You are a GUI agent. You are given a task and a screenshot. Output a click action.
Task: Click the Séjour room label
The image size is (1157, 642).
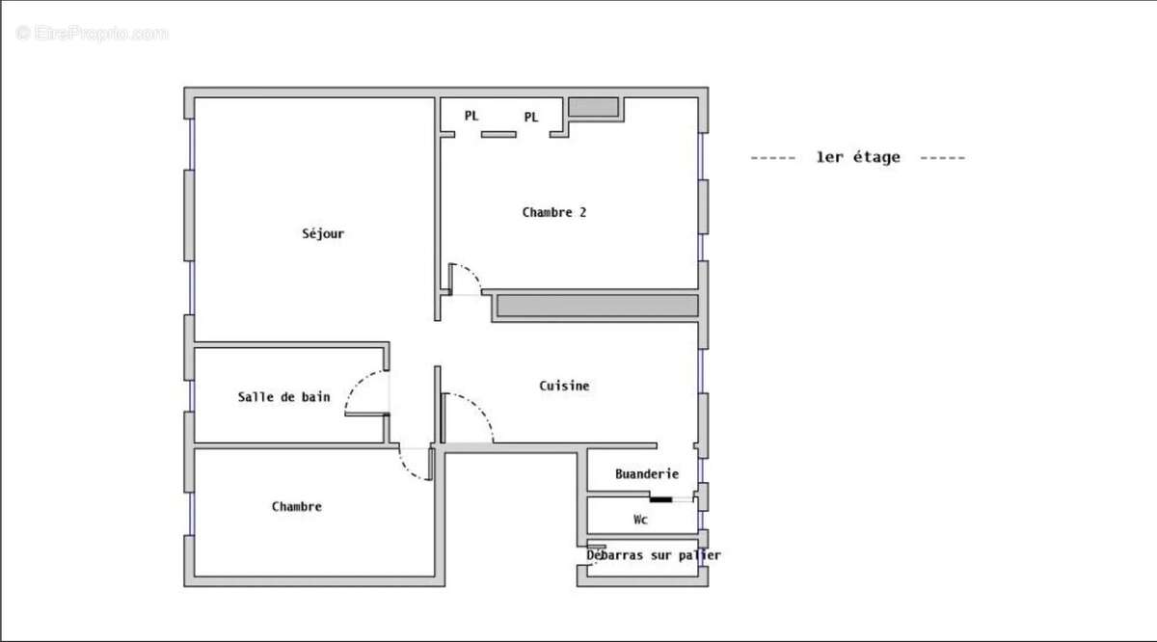pyautogui.click(x=323, y=233)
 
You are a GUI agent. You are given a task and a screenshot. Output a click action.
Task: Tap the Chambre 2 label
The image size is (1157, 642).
pyautogui.click(x=554, y=212)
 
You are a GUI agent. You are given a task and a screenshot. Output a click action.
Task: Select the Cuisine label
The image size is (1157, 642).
pyautogui.click(x=564, y=386)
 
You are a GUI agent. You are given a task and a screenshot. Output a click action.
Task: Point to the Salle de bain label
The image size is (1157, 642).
pyautogui.click(x=283, y=397)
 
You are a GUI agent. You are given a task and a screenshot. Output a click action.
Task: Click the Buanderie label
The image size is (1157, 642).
pyautogui.click(x=647, y=474)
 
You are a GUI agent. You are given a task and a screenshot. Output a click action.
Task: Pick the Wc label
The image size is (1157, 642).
pyautogui.click(x=640, y=520)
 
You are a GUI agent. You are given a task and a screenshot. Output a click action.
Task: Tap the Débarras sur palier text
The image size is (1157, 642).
pyautogui.click(x=654, y=555)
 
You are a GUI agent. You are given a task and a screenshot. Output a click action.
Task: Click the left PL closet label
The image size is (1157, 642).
pyautogui.click(x=471, y=116)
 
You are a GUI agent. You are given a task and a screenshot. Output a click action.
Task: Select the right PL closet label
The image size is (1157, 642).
pyautogui.click(x=531, y=118)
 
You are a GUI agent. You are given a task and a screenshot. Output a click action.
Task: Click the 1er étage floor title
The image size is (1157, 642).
pyautogui.click(x=857, y=157)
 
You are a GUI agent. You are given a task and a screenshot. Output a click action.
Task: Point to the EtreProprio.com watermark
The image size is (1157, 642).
pyautogui.click(x=93, y=34)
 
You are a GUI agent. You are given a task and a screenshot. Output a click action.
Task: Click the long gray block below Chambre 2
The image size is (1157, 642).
pyautogui.click(x=597, y=307)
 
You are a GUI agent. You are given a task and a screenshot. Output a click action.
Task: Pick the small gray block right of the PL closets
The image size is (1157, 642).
pyautogui.click(x=593, y=107)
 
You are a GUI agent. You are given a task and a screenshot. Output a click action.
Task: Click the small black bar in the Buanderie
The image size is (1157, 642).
pyautogui.click(x=660, y=499)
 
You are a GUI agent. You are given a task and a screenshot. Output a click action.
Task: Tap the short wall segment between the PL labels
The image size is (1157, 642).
pyautogui.click(x=499, y=134)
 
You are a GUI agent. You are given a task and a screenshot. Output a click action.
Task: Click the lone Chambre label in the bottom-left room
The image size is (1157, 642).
pyautogui.click(x=297, y=506)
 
